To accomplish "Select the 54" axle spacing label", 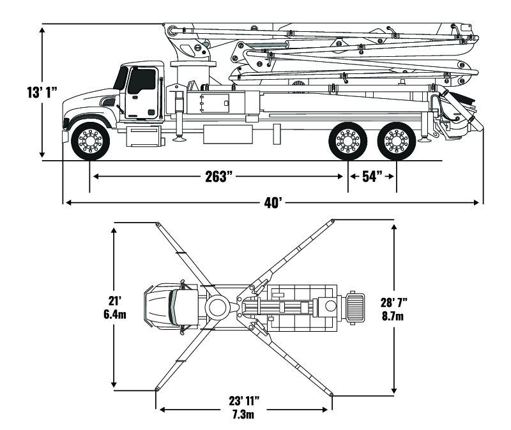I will (x=372, y=176).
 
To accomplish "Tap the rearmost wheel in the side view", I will (x=395, y=140).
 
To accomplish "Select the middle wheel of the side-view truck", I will (x=347, y=140).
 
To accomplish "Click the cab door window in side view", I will (x=142, y=82).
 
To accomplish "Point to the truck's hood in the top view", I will (x=156, y=306).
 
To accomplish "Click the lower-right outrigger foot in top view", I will (x=333, y=393).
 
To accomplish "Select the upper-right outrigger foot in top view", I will (x=333, y=221).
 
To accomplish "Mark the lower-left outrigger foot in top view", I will (x=156, y=389).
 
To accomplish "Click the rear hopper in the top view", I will (x=355, y=306).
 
